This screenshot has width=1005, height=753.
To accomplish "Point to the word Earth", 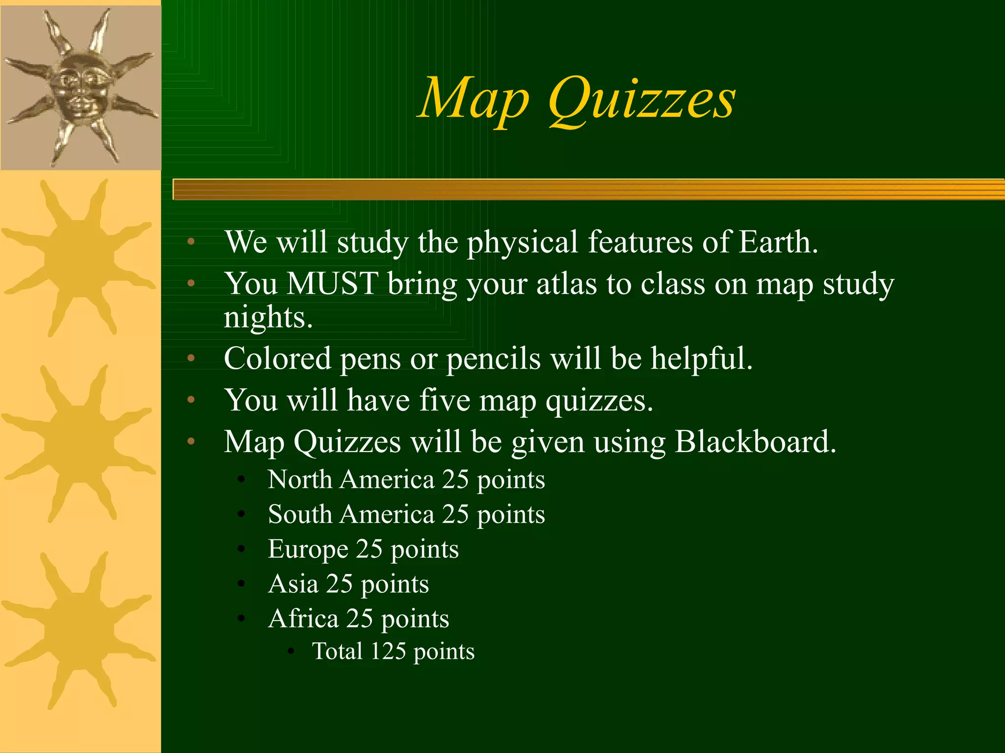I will pos(778,242).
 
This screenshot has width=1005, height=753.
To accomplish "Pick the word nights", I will pos(268,318).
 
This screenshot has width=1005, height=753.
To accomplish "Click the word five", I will pos(444,400).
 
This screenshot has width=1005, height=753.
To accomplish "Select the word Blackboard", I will pos(755,442).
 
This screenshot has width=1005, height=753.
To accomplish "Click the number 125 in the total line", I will pos(388,652).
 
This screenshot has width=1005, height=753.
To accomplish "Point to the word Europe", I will pos(308,549).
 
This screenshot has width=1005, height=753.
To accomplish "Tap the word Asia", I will pos(293,584).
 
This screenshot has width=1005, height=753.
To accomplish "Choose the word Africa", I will pos(303,619).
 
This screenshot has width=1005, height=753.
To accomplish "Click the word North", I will pos(300,479).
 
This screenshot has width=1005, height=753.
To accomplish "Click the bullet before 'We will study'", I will pos(191,242).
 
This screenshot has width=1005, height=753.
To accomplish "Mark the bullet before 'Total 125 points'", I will pos(291,652).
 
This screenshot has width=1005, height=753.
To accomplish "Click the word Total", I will pos(338,652).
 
